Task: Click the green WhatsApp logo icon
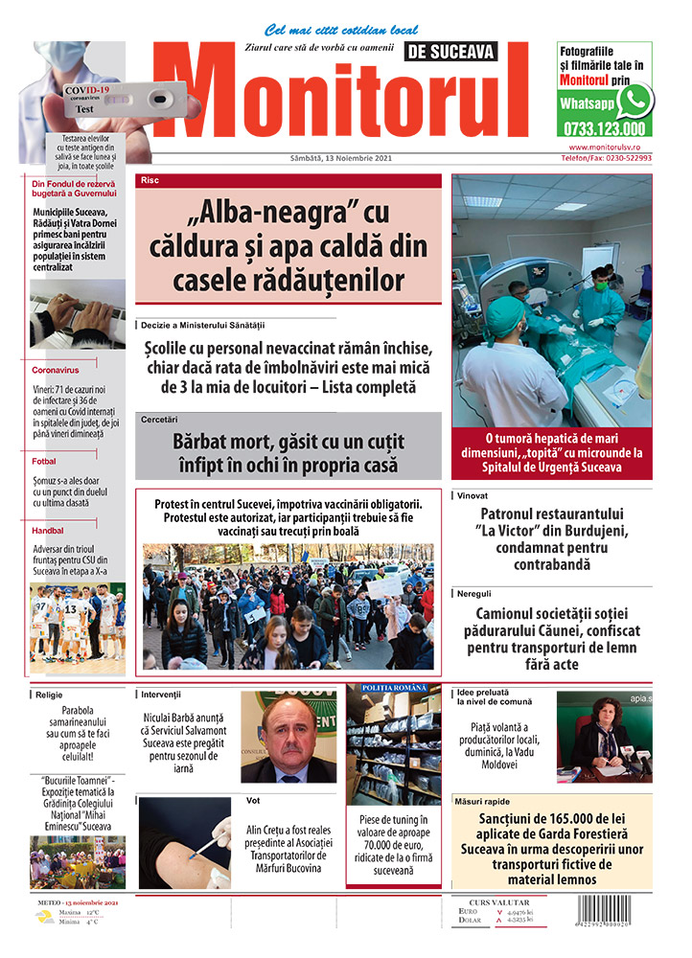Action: (634, 101)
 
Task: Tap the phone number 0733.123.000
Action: (604, 128)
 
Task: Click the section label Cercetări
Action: (159, 420)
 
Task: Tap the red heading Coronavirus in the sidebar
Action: (55, 369)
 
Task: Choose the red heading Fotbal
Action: (44, 461)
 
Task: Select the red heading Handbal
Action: (48, 529)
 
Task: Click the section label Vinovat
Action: (473, 496)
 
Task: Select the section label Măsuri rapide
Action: (484, 801)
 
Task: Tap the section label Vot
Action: (253, 799)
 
